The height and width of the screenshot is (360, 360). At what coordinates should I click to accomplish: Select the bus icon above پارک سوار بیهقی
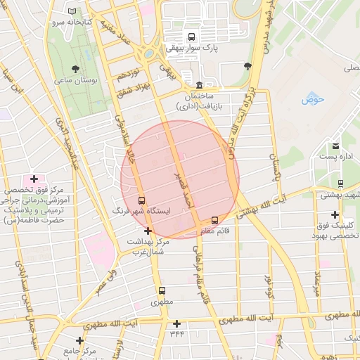(x=190, y=37)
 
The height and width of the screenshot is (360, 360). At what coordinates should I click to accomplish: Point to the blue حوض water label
(x=311, y=100)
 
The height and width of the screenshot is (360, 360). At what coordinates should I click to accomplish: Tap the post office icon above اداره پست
(x=335, y=146)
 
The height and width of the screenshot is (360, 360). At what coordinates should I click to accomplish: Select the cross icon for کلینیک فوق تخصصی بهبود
(x=335, y=214)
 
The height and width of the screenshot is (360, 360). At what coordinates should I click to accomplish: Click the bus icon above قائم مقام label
(x=214, y=220)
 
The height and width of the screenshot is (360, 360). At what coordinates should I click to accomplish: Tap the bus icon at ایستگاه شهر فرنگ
(x=142, y=200)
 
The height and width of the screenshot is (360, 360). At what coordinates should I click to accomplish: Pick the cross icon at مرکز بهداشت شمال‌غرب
(x=148, y=231)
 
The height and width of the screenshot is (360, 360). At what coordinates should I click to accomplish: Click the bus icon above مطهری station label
(x=162, y=290)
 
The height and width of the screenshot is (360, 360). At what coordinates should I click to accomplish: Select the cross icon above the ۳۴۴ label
(x=176, y=323)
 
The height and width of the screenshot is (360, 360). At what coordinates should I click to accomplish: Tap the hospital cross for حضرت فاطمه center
(x=34, y=179)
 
